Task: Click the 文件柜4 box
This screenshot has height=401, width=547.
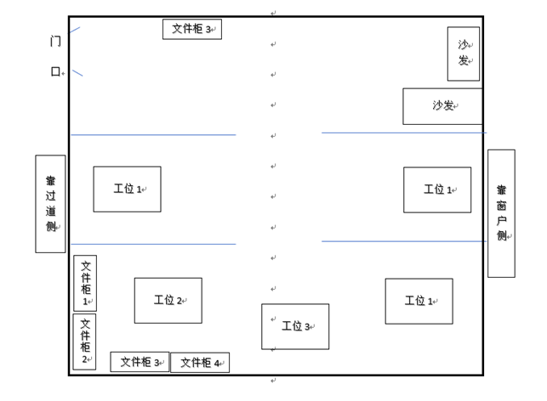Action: tap(200, 363)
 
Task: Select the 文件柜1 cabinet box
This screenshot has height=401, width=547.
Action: tap(85, 283)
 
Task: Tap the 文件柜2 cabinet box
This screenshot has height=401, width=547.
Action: tap(84, 342)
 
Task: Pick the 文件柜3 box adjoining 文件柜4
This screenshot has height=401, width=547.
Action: tap(140, 362)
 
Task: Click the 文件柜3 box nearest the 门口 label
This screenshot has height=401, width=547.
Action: tap(191, 29)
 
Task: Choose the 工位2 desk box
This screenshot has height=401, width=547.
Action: tap(168, 300)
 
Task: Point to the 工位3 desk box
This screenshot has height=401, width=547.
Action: tap(294, 326)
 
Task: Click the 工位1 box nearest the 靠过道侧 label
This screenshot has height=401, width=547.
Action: tap(127, 189)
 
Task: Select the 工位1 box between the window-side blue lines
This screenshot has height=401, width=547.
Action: tap(436, 189)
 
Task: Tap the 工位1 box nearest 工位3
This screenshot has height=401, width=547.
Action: tap(419, 301)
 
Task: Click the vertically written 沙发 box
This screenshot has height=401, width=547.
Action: tap(463, 54)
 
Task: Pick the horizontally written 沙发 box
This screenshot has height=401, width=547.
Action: tap(442, 106)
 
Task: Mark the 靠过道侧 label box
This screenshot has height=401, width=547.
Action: tap(50, 204)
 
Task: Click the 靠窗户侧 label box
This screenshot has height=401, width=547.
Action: tap(501, 213)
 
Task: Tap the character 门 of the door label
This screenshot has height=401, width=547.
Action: tap(55, 41)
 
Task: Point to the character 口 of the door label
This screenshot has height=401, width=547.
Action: tap(55, 71)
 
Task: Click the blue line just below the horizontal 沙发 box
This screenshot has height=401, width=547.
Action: tap(403, 133)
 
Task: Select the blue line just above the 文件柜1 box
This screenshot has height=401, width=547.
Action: tap(153, 245)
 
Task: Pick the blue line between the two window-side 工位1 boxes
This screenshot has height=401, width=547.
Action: tap(403, 241)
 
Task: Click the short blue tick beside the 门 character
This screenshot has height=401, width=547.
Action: tap(75, 30)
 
